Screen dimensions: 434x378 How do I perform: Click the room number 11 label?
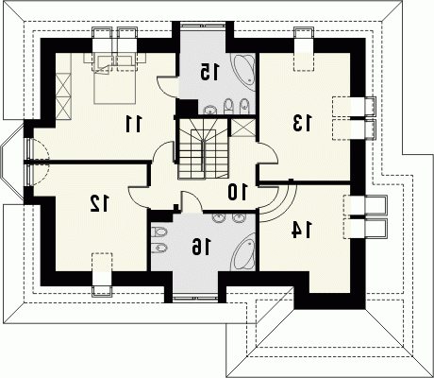pos(134,124)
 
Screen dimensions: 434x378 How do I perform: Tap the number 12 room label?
pos(99,203)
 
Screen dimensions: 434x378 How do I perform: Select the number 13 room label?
pos(302,123)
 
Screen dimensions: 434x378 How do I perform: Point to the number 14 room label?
pos(302,230)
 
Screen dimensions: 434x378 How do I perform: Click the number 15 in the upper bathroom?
pos(209,72)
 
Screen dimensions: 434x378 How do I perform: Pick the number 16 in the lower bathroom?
pos(202,247)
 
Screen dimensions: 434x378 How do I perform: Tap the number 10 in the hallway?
pos(238,192)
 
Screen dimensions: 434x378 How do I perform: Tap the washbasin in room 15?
pos(209,110)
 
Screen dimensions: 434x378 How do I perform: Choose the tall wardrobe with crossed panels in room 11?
pos(64,95)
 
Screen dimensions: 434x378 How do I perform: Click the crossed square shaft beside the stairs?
pos(242,127)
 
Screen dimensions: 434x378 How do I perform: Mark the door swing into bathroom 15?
pos(168,85)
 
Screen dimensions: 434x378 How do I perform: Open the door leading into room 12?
pos(140,196)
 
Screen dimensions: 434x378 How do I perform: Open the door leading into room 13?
pos(267,153)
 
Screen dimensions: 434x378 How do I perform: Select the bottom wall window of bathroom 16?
pos(195,298)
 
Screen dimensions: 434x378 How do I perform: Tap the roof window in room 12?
pos(102,274)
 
